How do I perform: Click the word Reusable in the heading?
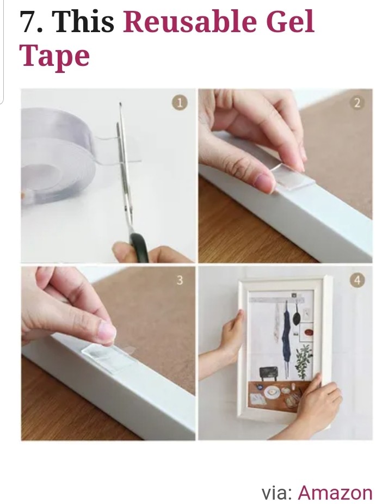click(x=190, y=22)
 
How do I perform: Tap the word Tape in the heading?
click(x=54, y=56)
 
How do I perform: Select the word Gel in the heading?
click(x=288, y=22)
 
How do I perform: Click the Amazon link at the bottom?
click(x=335, y=492)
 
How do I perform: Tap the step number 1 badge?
click(x=180, y=103)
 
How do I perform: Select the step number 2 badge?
click(x=358, y=103)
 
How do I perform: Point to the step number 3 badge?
click(x=180, y=280)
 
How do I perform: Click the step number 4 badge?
click(x=358, y=280)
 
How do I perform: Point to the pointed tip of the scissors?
click(x=120, y=103)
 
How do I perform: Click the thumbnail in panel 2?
click(x=264, y=181)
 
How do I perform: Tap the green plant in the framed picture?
click(x=303, y=357)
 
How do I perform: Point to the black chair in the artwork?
click(x=268, y=373)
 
